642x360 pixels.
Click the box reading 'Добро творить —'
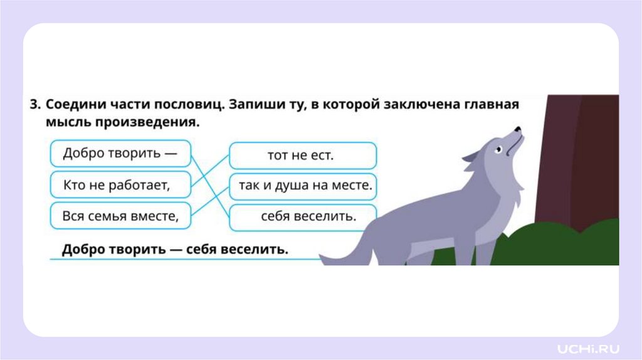[119, 154]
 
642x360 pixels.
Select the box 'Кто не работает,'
[119, 185]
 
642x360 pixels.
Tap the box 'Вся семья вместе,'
[119, 216]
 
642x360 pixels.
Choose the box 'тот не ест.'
[302, 155]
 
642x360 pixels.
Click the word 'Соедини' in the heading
[73, 104]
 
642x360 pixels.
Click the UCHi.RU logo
[589, 347]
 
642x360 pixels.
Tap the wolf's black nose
[518, 129]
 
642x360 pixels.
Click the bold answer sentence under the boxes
[174, 250]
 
